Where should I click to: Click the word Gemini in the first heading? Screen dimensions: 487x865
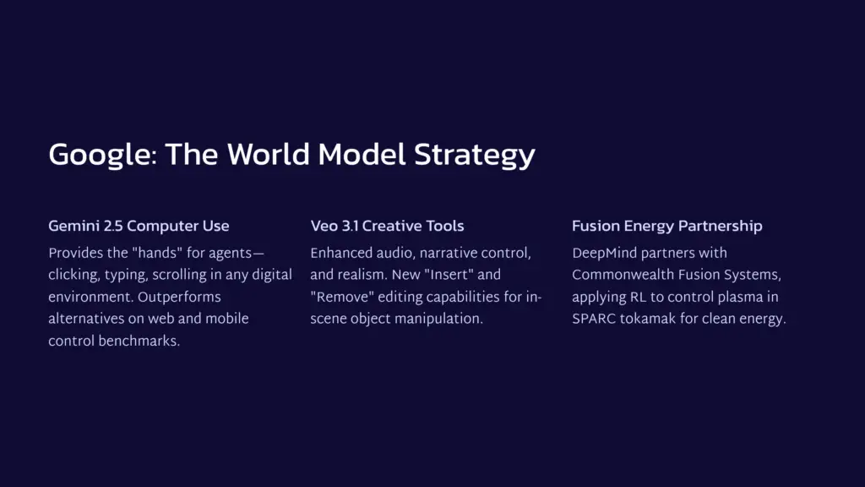[74, 227]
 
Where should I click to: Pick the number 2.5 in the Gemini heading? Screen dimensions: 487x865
[114, 227]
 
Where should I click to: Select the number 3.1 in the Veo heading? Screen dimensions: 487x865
[351, 227]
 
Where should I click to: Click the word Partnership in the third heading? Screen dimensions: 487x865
[722, 227]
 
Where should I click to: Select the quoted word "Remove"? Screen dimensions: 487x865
[339, 297]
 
